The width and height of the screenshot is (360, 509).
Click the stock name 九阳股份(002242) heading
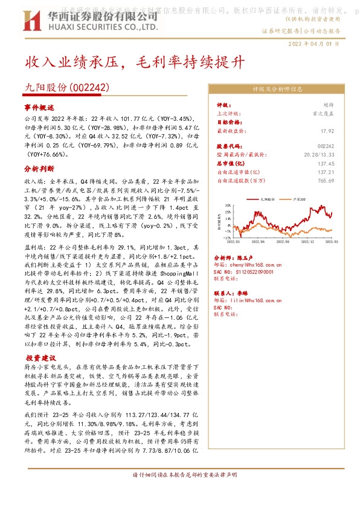pos(67,88)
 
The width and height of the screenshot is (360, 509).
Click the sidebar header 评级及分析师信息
pos(277,88)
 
